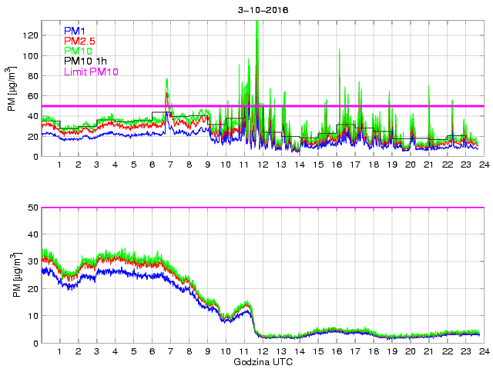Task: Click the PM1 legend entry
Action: point(75,31)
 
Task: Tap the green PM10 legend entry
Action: point(79,51)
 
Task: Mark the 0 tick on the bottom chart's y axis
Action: point(35,343)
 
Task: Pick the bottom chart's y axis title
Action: point(12,274)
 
